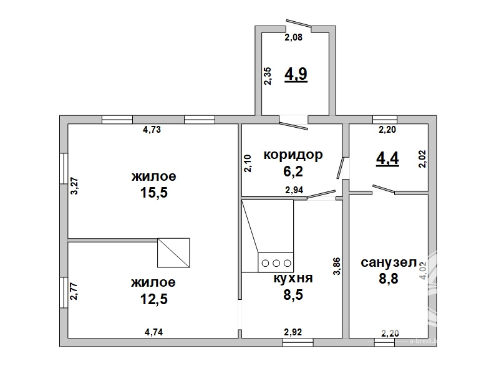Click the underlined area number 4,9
[x=296, y=74]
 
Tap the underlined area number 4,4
[x=387, y=158]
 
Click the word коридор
[x=293, y=155]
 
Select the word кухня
[x=293, y=278]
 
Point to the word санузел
[x=389, y=262]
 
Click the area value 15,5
[x=154, y=193]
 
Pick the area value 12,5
[x=154, y=299]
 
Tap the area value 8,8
[x=389, y=279]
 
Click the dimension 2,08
[x=293, y=37]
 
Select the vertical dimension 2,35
[x=268, y=75]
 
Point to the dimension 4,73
[x=152, y=130]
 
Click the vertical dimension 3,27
[x=74, y=186]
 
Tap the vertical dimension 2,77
[x=74, y=291]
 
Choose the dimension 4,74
[x=154, y=332]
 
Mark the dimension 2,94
[x=294, y=190]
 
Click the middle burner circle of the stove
[x=276, y=263]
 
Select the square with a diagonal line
[x=174, y=253]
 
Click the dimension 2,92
[x=293, y=332]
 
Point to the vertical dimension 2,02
[x=423, y=159]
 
